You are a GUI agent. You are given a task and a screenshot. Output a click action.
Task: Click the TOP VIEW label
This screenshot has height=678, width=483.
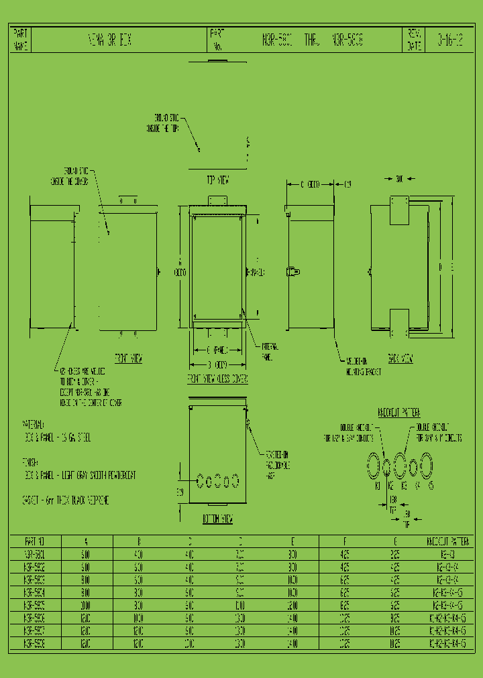(218, 180)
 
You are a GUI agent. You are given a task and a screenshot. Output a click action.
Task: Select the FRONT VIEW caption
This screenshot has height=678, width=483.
(128, 358)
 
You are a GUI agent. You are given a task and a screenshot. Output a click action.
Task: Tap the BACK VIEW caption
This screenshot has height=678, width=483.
(399, 359)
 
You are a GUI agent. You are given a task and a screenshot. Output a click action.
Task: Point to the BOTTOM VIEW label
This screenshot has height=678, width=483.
(217, 519)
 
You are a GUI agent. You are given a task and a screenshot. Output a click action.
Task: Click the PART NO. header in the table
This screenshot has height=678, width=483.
(35, 541)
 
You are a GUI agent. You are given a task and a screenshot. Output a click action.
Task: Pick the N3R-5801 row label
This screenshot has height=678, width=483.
(35, 555)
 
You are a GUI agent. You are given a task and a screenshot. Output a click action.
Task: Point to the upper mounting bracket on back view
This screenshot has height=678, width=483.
(399, 210)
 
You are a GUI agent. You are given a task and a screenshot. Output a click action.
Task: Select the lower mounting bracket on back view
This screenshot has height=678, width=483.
(399, 324)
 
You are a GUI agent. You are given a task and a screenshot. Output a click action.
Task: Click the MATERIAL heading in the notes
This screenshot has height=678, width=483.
(34, 425)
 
